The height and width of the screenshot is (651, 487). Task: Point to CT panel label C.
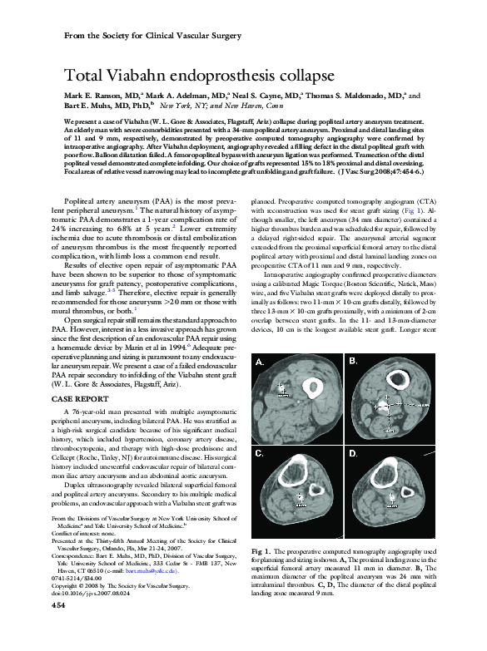click(261, 454)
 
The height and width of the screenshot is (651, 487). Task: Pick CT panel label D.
click(352, 454)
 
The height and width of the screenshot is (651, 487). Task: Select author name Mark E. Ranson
click(93, 96)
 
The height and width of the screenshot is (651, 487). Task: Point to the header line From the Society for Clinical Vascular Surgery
click(153, 37)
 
